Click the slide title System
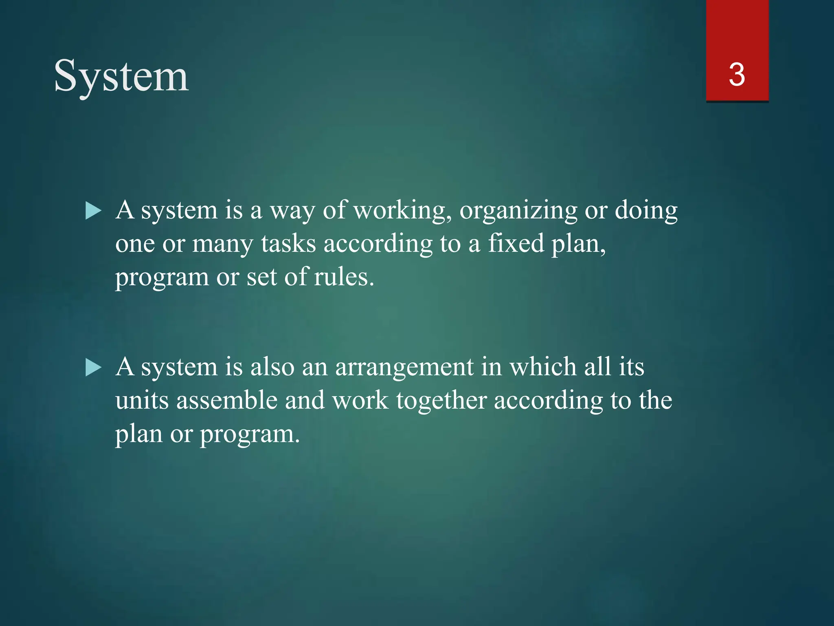pyautogui.click(x=121, y=77)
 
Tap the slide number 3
pyautogui.click(x=737, y=75)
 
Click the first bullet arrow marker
pyautogui.click(x=94, y=212)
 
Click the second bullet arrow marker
pyautogui.click(x=94, y=368)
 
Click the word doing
pyautogui.click(x=646, y=211)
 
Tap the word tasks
pyautogui.click(x=288, y=244)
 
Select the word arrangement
pyautogui.click(x=404, y=368)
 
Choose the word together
pyautogui.click(x=441, y=401)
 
